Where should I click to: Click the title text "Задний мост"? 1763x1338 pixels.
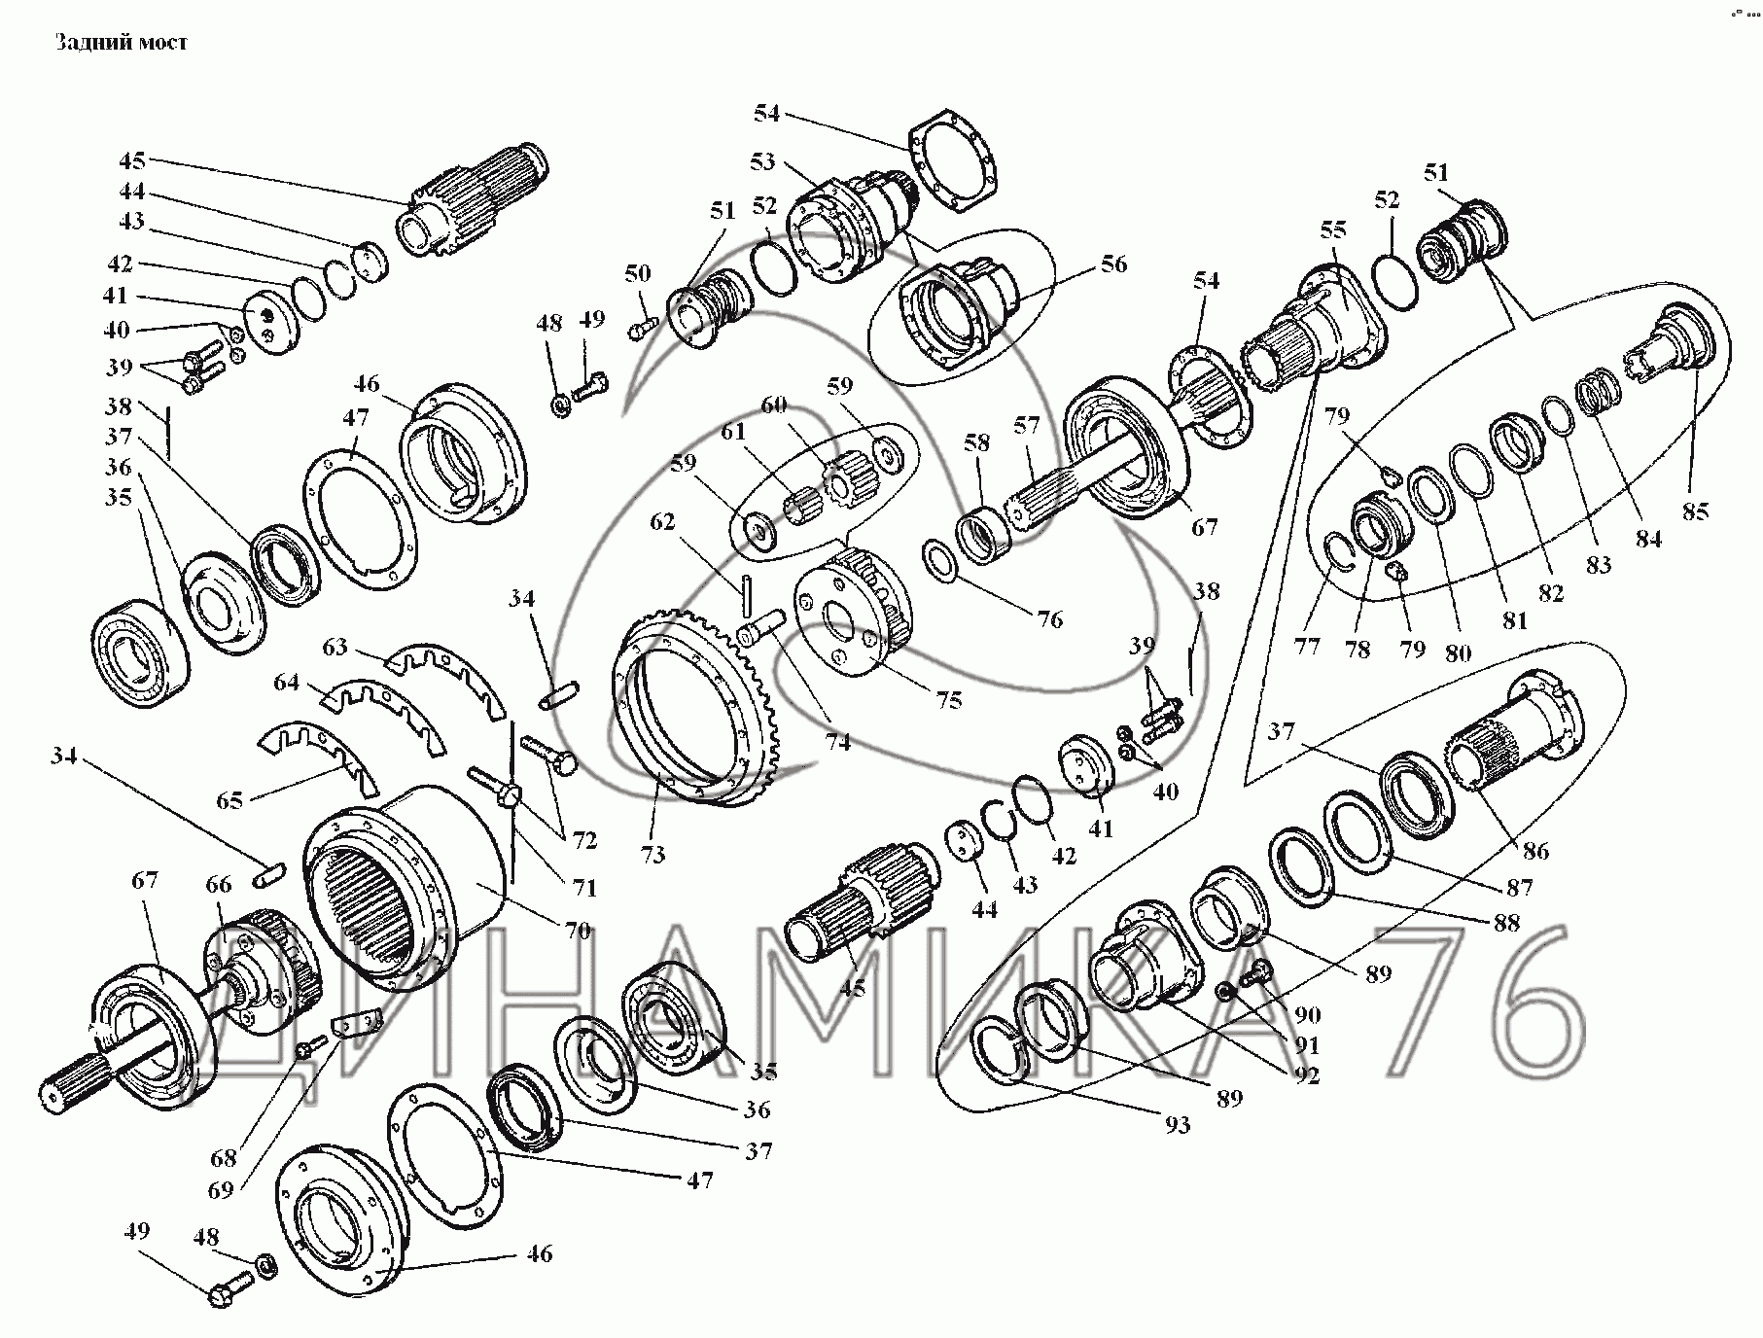(121, 43)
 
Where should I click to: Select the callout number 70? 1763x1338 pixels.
(578, 931)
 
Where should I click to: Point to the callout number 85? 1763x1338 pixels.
(1695, 511)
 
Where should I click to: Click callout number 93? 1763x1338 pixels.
(1177, 1125)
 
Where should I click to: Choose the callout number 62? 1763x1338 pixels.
(662, 522)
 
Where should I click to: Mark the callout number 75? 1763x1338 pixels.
(948, 699)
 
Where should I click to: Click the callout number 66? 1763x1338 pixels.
(219, 884)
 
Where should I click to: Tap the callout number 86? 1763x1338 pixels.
(1535, 851)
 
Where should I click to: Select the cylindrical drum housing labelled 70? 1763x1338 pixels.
(408, 875)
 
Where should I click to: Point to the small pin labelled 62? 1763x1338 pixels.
(748, 593)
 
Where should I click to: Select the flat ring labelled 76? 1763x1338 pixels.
(942, 563)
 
